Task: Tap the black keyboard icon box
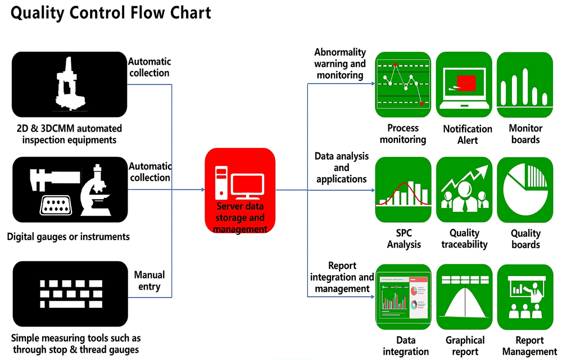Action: click(69, 294)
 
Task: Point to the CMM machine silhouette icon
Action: click(69, 84)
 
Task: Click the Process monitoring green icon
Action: click(403, 84)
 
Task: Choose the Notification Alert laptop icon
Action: click(464, 84)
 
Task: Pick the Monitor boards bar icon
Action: click(525, 84)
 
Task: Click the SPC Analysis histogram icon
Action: click(403, 190)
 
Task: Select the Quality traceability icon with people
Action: click(464, 190)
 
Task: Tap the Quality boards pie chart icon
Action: click(525, 190)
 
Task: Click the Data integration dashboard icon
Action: click(403, 296)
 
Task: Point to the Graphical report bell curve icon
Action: click(464, 296)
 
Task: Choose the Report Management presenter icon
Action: click(525, 296)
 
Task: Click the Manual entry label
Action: click(149, 281)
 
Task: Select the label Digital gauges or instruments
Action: click(69, 237)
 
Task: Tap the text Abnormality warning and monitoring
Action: click(340, 64)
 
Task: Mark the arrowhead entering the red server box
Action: click(202, 190)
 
